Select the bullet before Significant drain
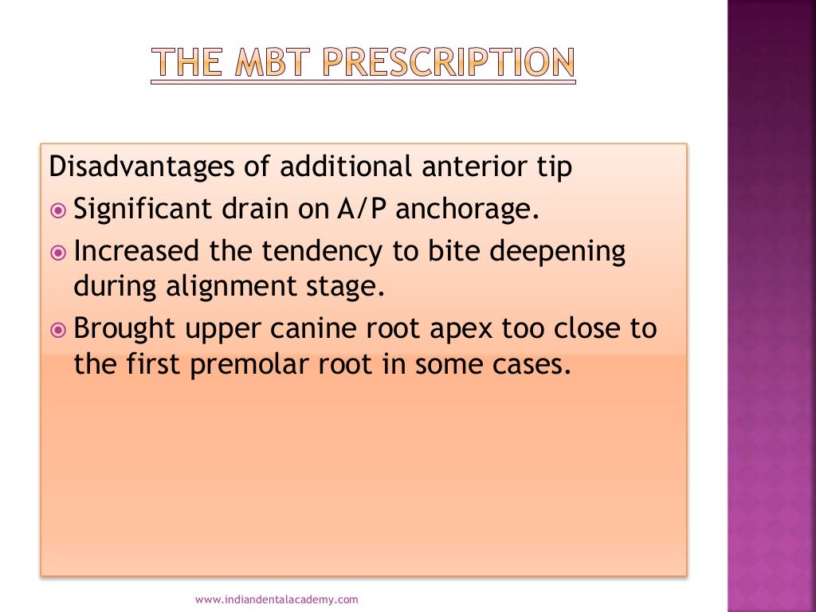pos(57,210)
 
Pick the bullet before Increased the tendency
pos(57,252)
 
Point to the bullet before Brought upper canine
pos(57,328)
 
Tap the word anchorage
pos(468,211)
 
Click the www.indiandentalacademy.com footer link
pos(277,598)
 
